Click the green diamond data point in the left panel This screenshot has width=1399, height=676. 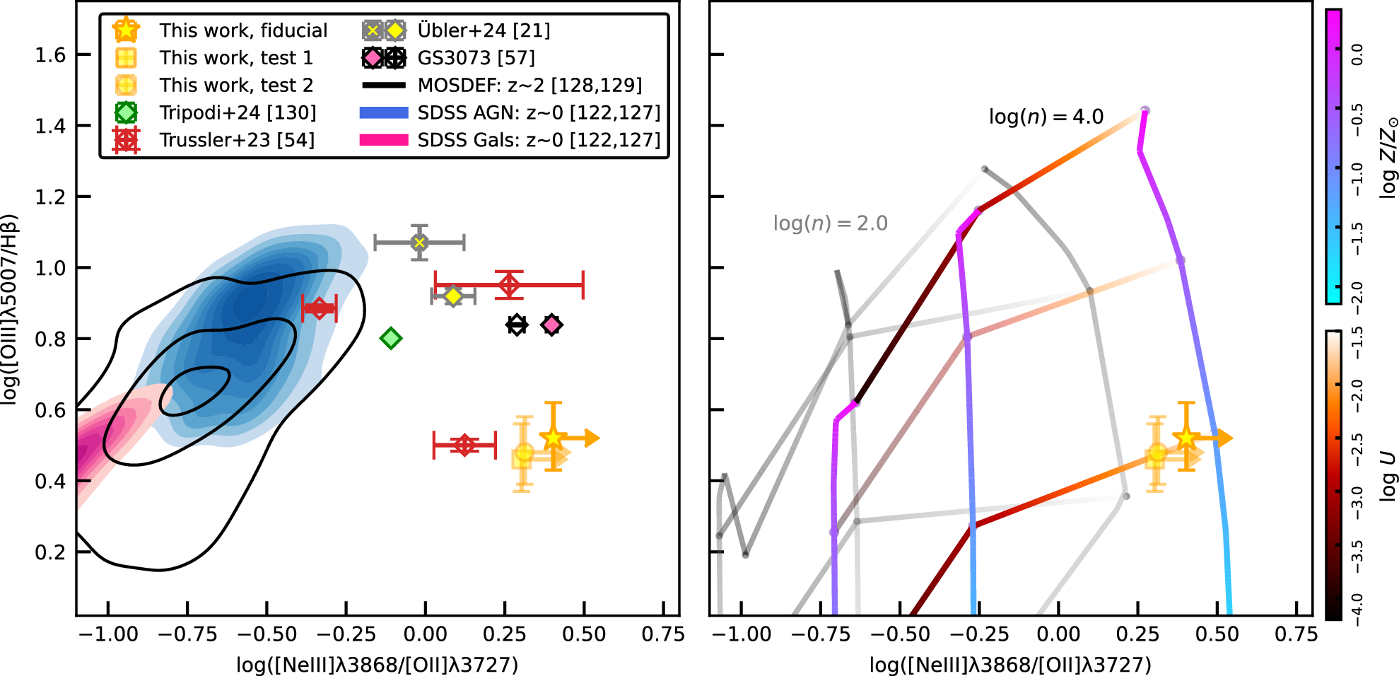[391, 339]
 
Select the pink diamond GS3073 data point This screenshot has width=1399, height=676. [551, 325]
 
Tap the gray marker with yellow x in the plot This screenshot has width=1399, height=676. [419, 243]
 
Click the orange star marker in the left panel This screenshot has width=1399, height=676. [554, 438]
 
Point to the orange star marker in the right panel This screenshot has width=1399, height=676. [1186, 438]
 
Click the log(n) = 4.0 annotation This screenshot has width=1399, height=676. [1046, 117]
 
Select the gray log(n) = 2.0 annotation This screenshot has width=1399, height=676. [830, 223]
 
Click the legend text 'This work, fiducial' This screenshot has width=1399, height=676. [243, 30]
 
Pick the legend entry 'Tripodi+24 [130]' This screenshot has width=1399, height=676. [238, 112]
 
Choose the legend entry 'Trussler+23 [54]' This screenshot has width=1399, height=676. [237, 140]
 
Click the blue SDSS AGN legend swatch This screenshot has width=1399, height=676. [384, 112]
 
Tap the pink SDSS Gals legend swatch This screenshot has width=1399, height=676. [384, 140]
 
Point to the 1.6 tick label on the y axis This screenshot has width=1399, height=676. [50, 55]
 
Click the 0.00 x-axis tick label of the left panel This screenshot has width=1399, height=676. [425, 634]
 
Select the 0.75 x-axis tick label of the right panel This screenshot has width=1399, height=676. [1296, 634]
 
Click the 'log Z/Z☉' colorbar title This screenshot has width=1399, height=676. [1388, 157]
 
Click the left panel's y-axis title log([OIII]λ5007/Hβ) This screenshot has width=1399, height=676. [9, 309]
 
